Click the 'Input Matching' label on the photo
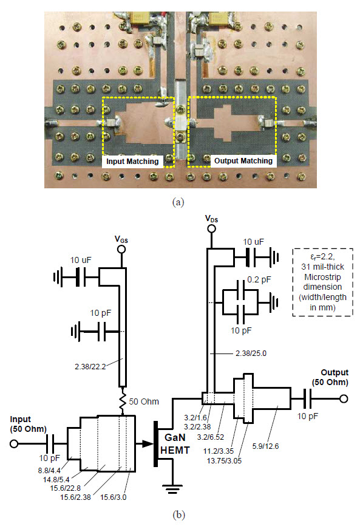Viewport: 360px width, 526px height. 132,162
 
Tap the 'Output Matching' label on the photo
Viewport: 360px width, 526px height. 243,161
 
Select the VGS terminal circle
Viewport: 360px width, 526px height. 121,249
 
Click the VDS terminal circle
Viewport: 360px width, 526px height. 211,229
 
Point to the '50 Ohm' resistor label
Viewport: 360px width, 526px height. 144,401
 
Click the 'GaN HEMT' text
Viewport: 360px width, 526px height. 175,443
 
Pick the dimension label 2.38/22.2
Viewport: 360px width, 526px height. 90,367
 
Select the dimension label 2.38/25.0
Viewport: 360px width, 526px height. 251,354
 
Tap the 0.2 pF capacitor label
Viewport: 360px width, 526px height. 259,279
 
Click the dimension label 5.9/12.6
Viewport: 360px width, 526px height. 265,446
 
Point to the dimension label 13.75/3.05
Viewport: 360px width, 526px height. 224,460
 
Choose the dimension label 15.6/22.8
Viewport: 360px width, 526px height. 66,488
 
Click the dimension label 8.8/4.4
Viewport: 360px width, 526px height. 49,470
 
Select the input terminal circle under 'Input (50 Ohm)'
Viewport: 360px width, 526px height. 14,443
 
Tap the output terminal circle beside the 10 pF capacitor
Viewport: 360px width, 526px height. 344,398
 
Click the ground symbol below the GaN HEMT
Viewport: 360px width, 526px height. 172,489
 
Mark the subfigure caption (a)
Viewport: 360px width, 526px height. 178,202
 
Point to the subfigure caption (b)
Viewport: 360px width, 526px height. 178,514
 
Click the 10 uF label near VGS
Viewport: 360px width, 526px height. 81,260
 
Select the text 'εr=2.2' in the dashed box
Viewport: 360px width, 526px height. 322,258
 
